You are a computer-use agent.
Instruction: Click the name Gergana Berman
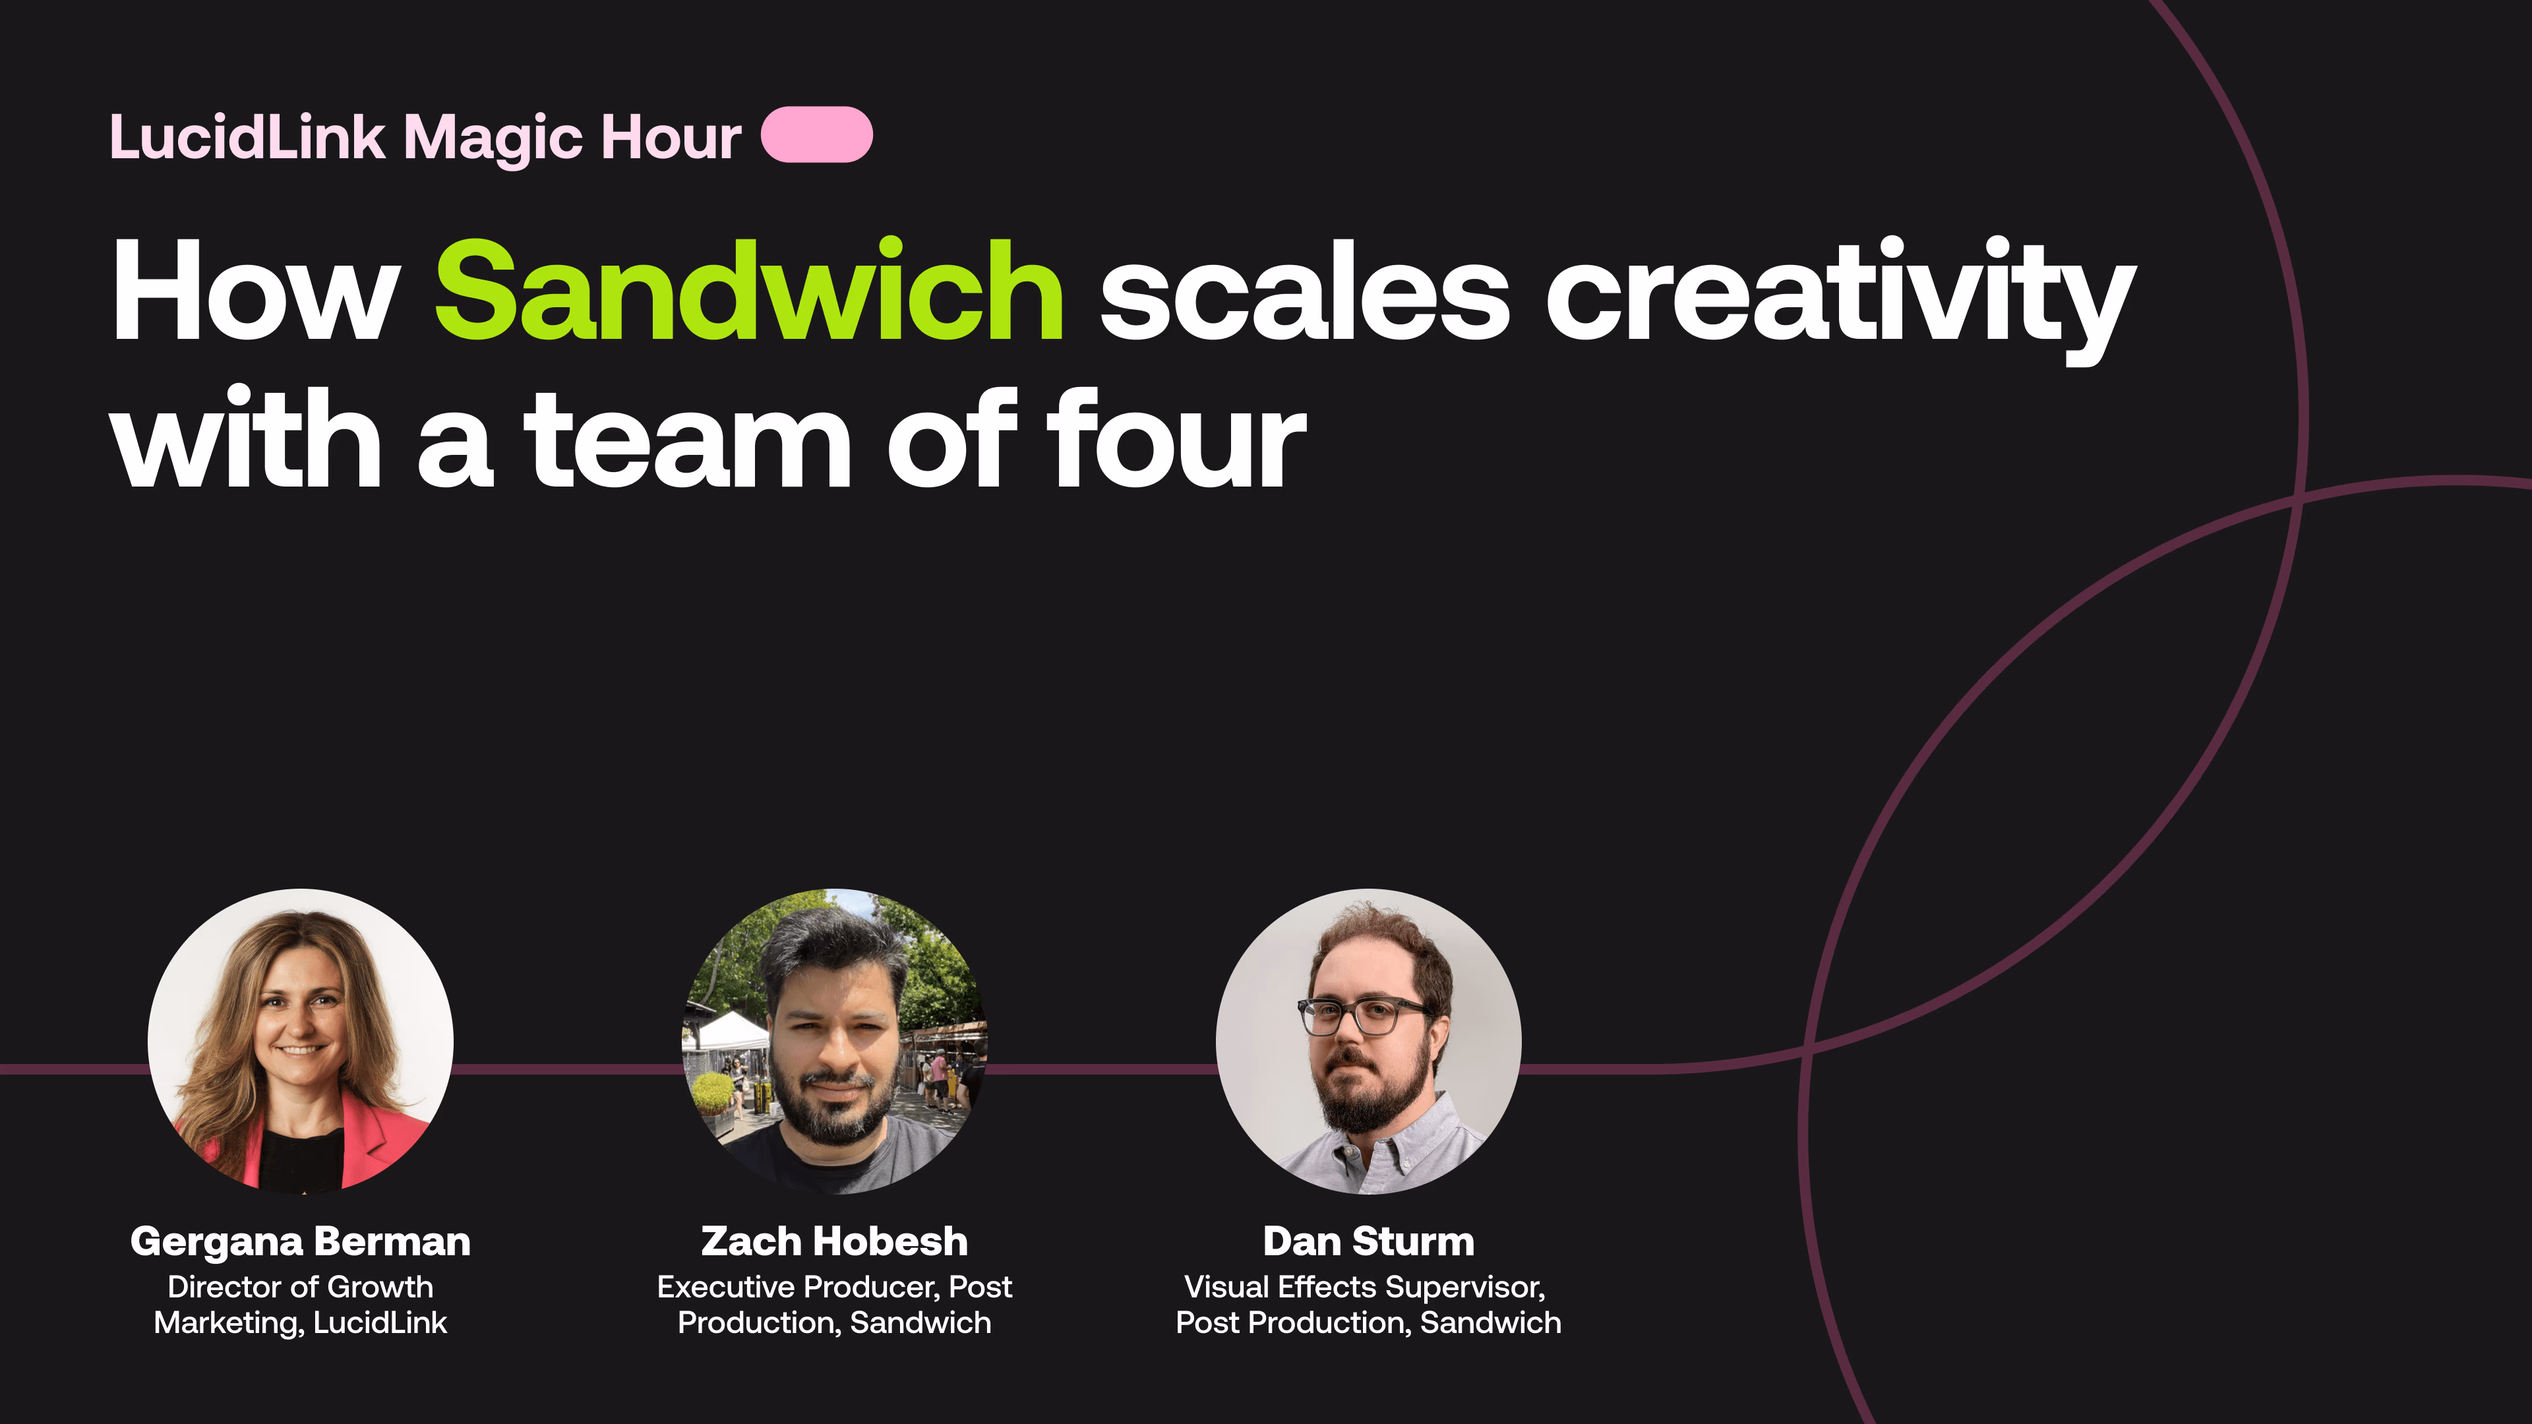click(300, 1241)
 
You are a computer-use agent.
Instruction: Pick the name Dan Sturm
click(1368, 1241)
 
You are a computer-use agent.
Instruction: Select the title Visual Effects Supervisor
click(1364, 1286)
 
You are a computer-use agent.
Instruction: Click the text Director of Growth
click(300, 1286)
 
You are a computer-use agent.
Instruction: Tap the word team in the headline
click(687, 438)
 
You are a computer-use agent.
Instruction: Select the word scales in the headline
click(1304, 293)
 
